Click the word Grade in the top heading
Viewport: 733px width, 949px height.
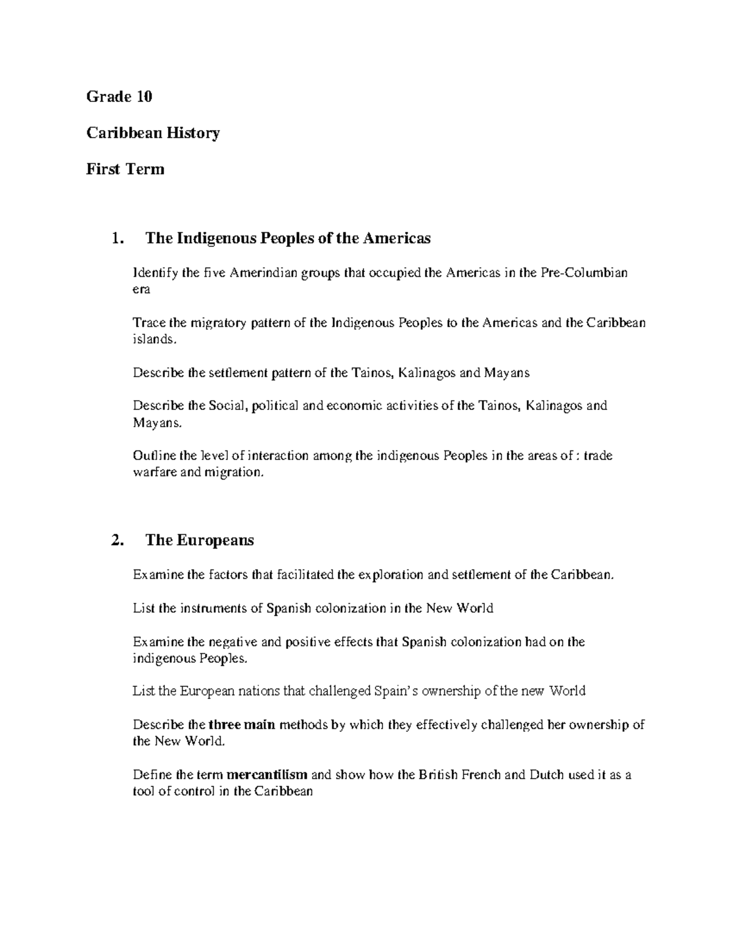[x=109, y=97]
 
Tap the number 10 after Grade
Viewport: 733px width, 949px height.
[x=144, y=97]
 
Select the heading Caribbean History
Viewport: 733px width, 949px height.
[x=153, y=133]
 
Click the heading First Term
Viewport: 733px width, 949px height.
[x=125, y=169]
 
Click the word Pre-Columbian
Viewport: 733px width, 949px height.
[x=584, y=273]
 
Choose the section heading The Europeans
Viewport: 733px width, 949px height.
[x=200, y=540]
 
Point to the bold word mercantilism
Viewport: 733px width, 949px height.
[x=267, y=775]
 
